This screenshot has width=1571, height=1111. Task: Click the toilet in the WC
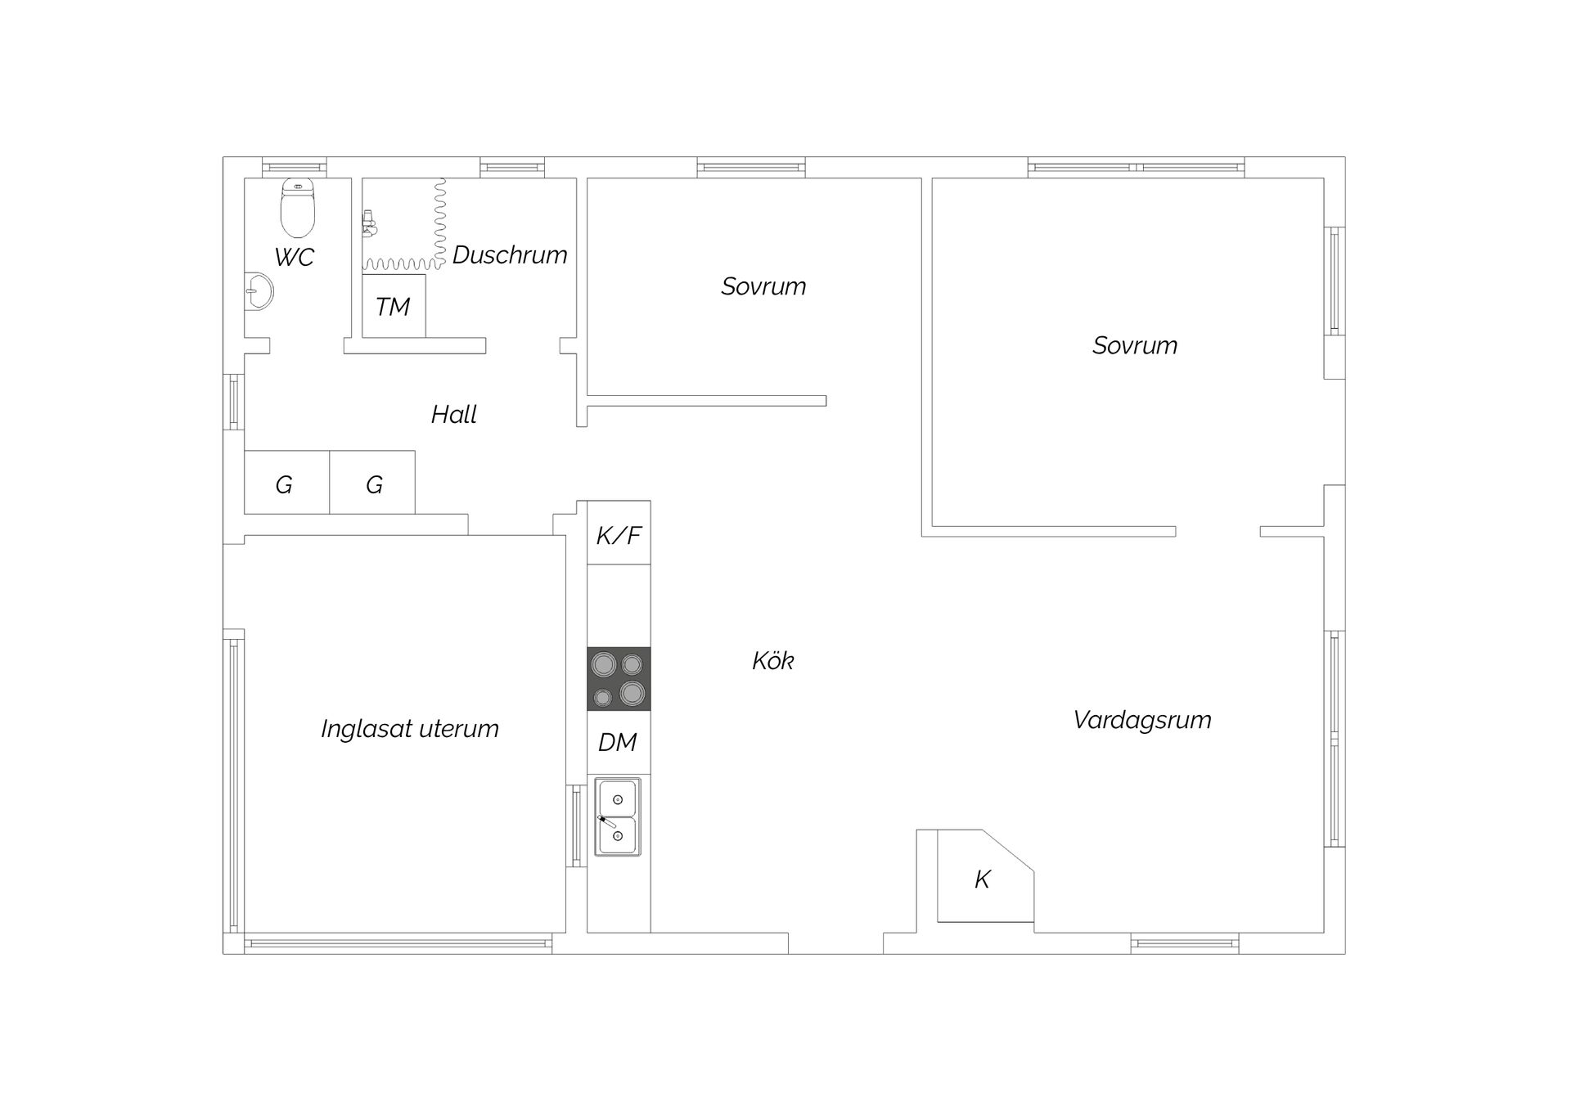click(298, 208)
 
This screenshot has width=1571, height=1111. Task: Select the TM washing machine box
click(394, 306)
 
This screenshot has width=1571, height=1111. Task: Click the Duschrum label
click(510, 255)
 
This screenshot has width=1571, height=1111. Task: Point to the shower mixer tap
click(370, 223)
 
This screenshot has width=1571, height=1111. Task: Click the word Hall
click(454, 415)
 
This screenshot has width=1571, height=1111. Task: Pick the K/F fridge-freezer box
click(619, 533)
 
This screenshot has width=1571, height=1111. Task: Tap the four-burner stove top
click(619, 679)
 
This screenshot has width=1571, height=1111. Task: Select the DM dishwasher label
click(618, 742)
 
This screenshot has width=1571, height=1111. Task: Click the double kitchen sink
click(618, 816)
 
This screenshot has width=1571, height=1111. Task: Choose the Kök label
click(773, 660)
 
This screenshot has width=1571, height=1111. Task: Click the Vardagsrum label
click(1142, 720)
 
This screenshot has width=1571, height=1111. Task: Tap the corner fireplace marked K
click(985, 876)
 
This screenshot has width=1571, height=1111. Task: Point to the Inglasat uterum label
click(410, 728)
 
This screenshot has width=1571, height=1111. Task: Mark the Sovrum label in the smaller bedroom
click(763, 286)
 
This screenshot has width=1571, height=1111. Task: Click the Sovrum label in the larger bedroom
click(1135, 345)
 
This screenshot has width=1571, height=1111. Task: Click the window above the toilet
click(295, 168)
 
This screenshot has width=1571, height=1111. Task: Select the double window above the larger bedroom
click(1137, 168)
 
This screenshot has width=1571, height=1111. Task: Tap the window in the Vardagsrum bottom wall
click(1185, 943)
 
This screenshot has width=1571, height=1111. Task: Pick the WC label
click(295, 258)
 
